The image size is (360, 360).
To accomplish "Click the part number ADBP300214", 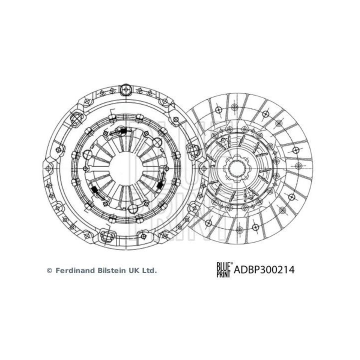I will tap(263, 270).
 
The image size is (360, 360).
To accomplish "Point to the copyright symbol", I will tap(49, 270).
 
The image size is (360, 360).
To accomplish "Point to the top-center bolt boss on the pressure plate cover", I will tap(125, 91).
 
